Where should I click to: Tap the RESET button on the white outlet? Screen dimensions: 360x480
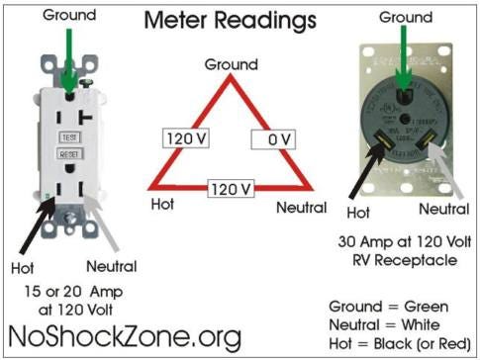(x=70, y=155)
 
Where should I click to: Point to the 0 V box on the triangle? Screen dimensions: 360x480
(x=272, y=139)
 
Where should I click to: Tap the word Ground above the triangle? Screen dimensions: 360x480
(x=231, y=64)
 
